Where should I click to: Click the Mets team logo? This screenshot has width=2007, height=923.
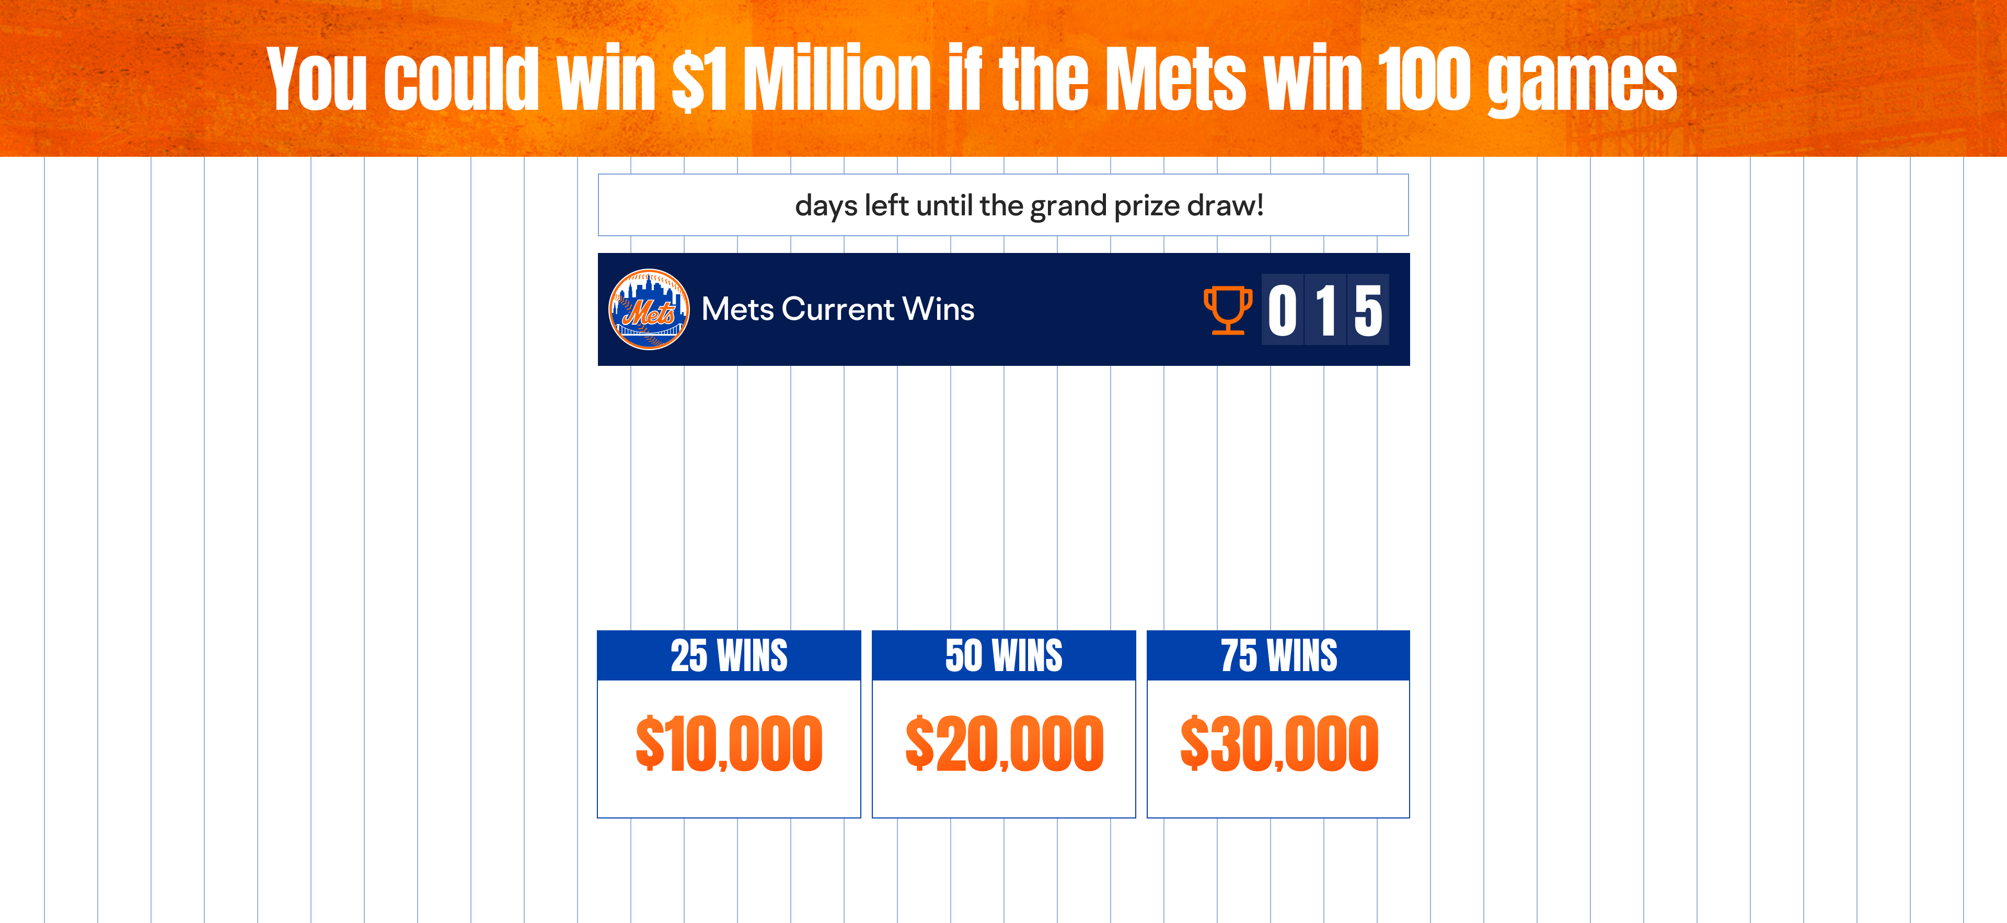point(649,309)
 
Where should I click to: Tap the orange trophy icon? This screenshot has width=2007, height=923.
point(1228,310)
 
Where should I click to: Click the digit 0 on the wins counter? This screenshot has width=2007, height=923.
point(1283,310)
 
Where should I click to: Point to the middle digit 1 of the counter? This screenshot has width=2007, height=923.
point(1325,310)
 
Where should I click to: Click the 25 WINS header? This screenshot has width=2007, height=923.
point(729,655)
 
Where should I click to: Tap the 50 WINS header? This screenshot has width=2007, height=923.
point(1004,655)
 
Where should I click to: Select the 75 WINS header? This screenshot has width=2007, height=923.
point(1278,655)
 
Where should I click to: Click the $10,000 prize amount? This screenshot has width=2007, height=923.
point(729,744)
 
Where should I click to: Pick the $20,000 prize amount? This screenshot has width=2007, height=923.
point(1004,744)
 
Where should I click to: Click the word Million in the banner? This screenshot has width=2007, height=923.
point(837,78)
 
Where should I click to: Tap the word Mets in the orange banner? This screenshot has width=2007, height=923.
point(1176,78)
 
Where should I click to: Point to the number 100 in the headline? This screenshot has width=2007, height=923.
point(1423,78)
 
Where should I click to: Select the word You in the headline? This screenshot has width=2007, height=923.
point(316,78)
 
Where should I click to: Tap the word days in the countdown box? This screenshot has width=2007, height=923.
point(826,206)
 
